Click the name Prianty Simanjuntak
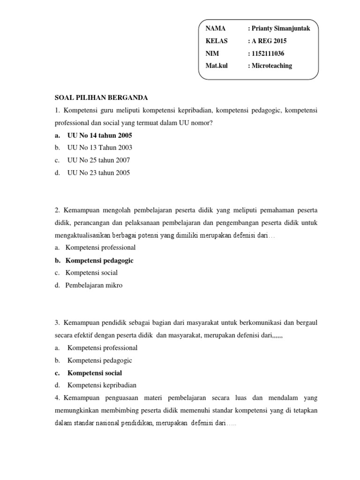point(281,29)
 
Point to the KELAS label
point(217,41)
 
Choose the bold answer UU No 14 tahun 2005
point(100,135)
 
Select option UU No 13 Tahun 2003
point(100,148)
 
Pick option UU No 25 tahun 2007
point(99,160)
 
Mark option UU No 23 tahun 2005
point(99,172)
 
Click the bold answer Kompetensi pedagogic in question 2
point(99,260)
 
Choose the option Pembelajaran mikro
point(94,285)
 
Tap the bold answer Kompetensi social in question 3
point(95,373)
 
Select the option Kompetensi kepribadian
point(102,385)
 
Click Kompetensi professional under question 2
point(100,247)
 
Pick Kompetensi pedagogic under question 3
point(100,360)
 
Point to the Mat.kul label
point(217,66)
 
